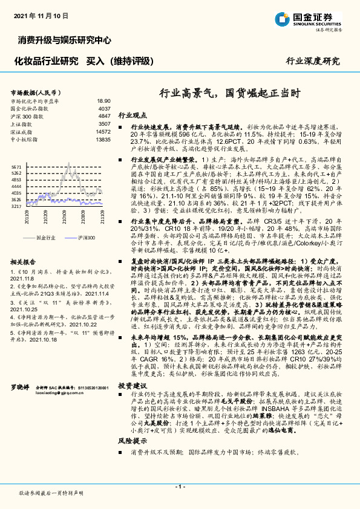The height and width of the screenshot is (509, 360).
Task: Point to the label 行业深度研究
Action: pos(313,61)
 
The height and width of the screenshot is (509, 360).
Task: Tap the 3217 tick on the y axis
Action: pos(16,206)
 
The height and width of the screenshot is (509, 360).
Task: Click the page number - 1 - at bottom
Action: pos(180,487)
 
